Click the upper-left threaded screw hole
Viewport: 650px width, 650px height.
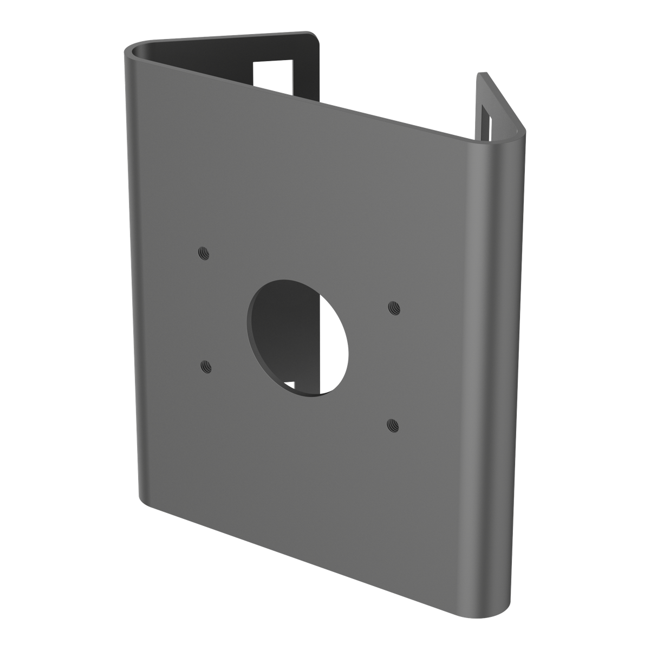204,253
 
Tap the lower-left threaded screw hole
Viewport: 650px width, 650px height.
206,367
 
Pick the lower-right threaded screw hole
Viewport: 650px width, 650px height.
394,425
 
